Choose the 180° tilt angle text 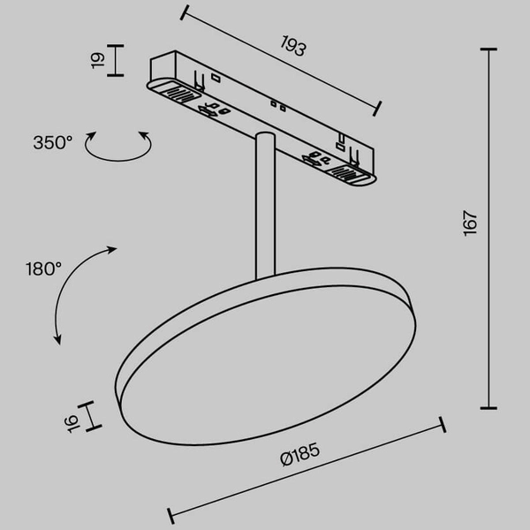click(42, 268)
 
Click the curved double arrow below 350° click(117, 147)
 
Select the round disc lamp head click(265, 349)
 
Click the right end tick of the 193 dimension click(378, 107)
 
